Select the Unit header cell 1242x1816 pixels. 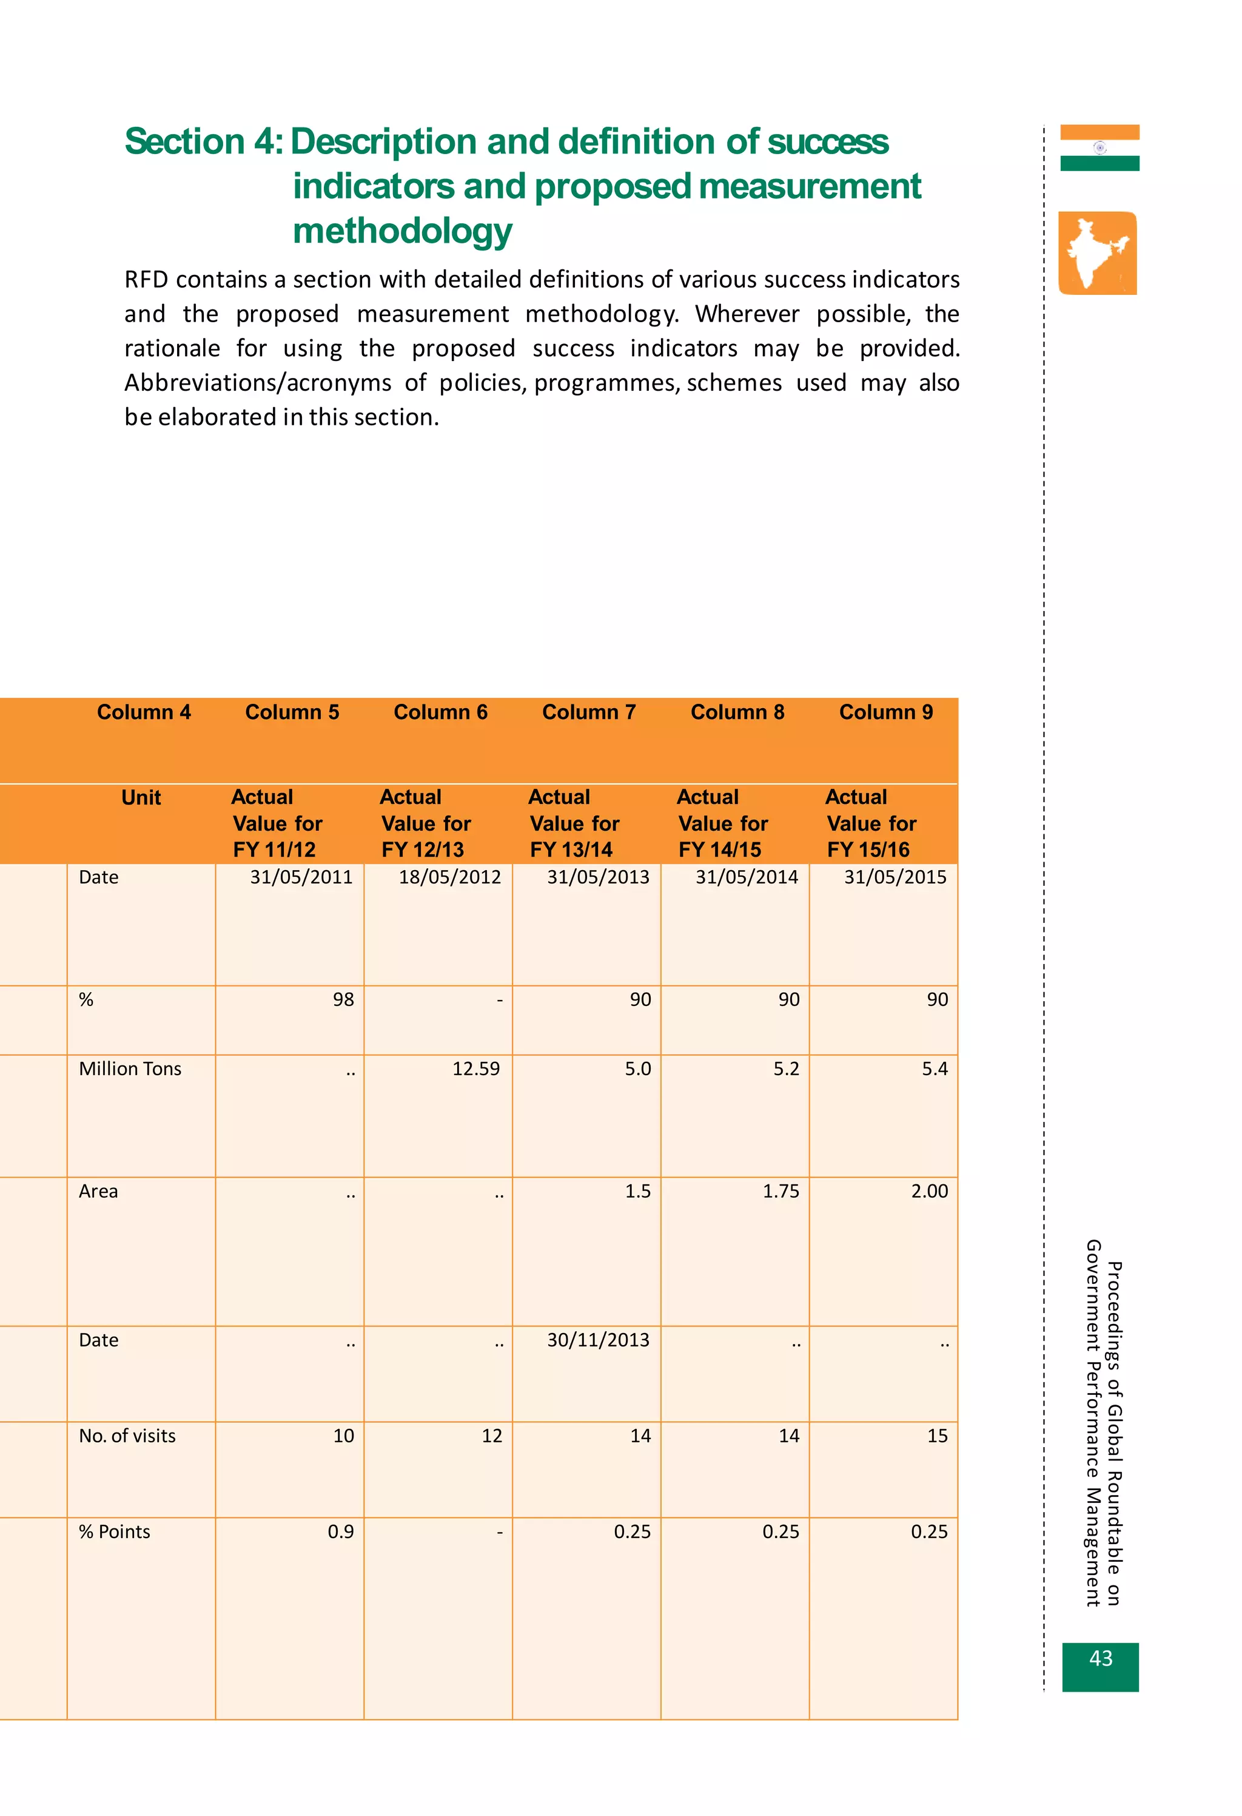[x=141, y=798]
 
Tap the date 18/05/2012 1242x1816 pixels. [x=450, y=877]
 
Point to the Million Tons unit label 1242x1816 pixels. [x=130, y=1068]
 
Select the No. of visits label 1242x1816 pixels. [x=127, y=1436]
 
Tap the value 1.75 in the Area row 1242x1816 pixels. [x=780, y=1191]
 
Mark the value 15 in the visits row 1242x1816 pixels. [x=938, y=1436]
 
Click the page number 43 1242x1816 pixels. [x=1100, y=1658]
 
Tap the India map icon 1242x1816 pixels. [x=1098, y=253]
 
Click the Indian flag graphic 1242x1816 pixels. [x=1099, y=147]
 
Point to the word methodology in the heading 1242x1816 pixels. [x=402, y=231]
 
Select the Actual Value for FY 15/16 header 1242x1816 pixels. [x=871, y=823]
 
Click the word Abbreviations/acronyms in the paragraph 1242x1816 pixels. [x=258, y=383]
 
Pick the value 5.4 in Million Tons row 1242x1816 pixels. [x=935, y=1068]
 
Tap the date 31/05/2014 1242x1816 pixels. [x=747, y=877]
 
